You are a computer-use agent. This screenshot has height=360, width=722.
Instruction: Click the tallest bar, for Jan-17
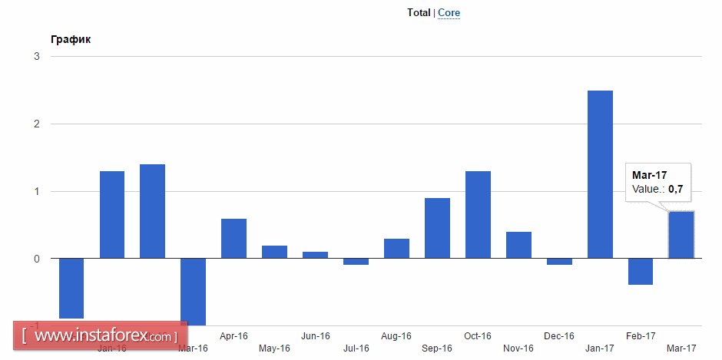point(600,174)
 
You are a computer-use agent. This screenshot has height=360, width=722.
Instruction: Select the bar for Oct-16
point(478,214)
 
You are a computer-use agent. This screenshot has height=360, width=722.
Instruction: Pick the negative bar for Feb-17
point(641,272)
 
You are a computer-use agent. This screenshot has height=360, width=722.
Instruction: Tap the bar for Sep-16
point(437,228)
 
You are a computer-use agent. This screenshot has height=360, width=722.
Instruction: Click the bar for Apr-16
point(233,238)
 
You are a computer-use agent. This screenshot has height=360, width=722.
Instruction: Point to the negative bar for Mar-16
point(193,291)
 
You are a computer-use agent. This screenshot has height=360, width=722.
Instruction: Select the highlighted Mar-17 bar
point(681,235)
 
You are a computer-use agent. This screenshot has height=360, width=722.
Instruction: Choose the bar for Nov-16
point(518,245)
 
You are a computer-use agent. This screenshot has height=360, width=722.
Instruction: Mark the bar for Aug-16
point(396,249)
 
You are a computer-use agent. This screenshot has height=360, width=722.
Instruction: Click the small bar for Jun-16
point(315,255)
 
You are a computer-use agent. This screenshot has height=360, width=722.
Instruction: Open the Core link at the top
point(449,12)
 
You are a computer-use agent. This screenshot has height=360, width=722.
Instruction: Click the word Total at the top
point(419,12)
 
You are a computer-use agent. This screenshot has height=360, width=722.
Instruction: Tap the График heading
point(71,39)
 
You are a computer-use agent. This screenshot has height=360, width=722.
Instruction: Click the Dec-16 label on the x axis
point(558,336)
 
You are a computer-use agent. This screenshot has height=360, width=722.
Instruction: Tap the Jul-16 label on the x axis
point(356,348)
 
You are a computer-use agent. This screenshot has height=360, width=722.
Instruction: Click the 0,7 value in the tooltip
point(676,189)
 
